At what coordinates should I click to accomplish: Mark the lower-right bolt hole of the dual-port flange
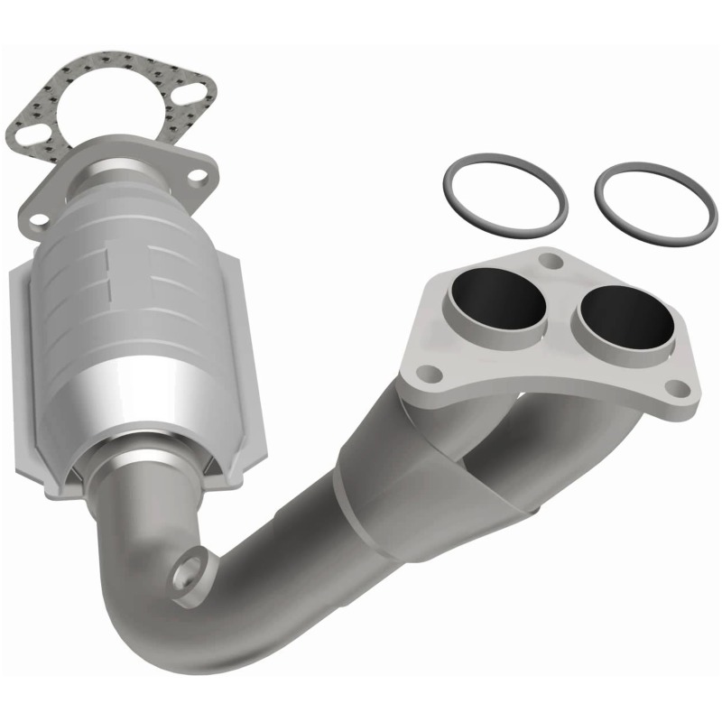pyautogui.click(x=673, y=388)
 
